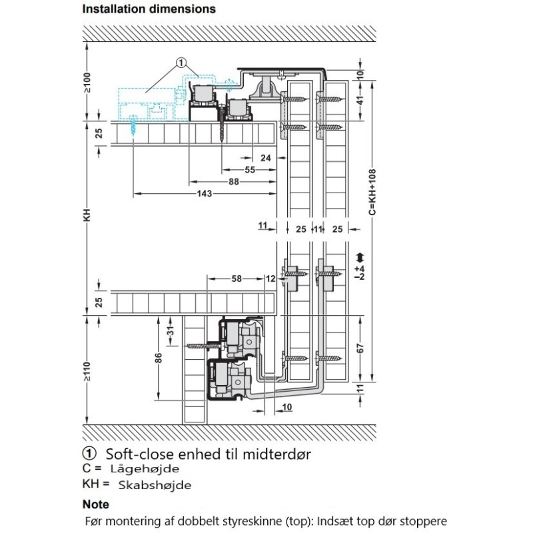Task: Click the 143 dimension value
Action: click(205, 193)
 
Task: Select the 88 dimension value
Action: click(234, 181)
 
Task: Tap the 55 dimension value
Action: click(250, 170)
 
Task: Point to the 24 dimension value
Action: click(266, 158)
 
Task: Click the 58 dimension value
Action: click(237, 278)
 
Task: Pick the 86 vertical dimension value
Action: click(159, 358)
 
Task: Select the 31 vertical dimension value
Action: click(171, 330)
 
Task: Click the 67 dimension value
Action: click(360, 348)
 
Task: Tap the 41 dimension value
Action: click(360, 101)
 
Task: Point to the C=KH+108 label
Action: click(372, 192)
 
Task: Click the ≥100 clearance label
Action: click(87, 83)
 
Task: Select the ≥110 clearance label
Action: click(87, 372)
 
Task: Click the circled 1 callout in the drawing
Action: click(181, 63)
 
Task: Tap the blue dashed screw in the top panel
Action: click(133, 126)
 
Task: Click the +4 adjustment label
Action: click(359, 269)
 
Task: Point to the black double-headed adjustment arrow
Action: click(360, 258)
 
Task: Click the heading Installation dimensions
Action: click(149, 9)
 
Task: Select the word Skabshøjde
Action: click(155, 485)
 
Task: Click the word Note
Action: click(96, 504)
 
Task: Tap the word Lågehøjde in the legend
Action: click(145, 469)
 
